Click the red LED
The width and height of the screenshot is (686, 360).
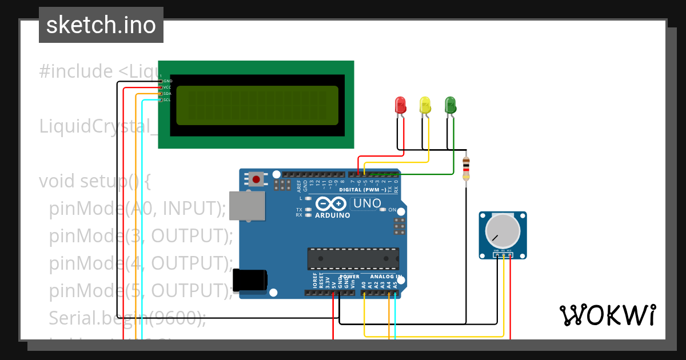(x=400, y=105)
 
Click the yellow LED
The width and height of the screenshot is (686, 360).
(x=425, y=105)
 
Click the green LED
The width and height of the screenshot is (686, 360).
(x=450, y=105)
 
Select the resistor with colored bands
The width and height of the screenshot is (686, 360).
(x=466, y=169)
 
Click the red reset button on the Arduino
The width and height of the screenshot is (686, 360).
(x=256, y=179)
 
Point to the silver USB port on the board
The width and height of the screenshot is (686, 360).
(x=248, y=205)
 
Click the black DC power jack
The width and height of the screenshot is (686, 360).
(x=250, y=280)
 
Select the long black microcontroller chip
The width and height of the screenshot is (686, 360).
(x=353, y=259)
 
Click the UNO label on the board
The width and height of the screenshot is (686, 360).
(x=367, y=203)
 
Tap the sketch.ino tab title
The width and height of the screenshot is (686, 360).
(x=101, y=25)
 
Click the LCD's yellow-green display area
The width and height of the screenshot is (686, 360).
(x=257, y=105)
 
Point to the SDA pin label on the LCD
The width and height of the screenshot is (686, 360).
(x=167, y=94)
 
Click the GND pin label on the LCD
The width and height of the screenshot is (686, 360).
(x=167, y=81)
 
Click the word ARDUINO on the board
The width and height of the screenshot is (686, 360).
(x=332, y=215)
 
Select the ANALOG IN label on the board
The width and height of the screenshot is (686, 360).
(x=382, y=277)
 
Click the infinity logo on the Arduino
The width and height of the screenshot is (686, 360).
(x=330, y=204)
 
